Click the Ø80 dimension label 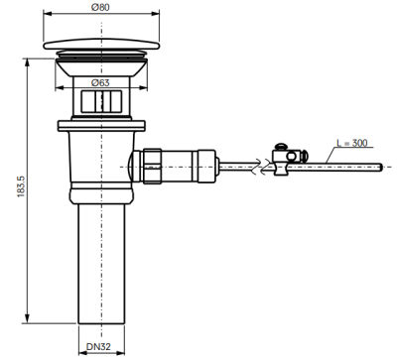pyautogui.click(x=100, y=7)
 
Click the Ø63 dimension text pyautogui.click(x=100, y=82)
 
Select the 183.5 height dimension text pyautogui.click(x=21, y=186)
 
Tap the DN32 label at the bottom pyautogui.click(x=98, y=346)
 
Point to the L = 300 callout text pyautogui.click(x=352, y=143)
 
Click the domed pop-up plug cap pyautogui.click(x=101, y=45)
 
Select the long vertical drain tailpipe pyautogui.click(x=101, y=264)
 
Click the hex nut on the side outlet pyautogui.click(x=152, y=167)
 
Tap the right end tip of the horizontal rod pyautogui.click(x=382, y=168)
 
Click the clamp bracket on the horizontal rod pyautogui.click(x=282, y=162)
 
